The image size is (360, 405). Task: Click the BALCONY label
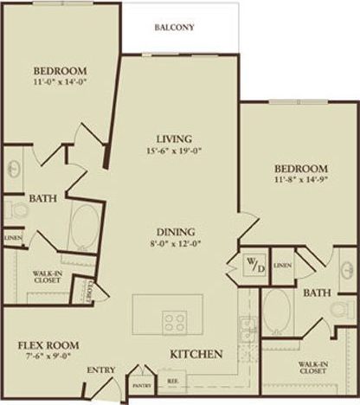click(x=175, y=27)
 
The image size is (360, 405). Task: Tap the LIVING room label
click(x=174, y=138)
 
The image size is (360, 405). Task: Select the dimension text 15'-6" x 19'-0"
click(x=174, y=151)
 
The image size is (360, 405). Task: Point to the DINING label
click(x=175, y=231)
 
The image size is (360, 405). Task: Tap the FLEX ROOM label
click(x=43, y=344)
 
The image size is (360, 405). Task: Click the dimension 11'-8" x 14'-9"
click(x=300, y=180)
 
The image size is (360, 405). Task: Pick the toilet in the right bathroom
click(x=344, y=307)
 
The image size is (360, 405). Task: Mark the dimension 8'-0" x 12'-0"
click(x=175, y=245)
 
